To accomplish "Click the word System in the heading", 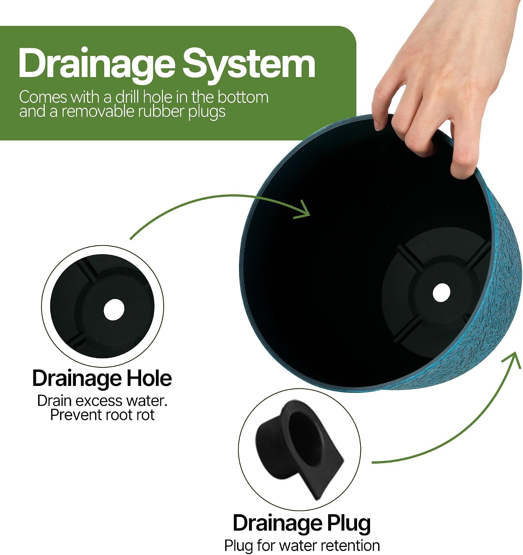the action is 249,63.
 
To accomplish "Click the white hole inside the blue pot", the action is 441,292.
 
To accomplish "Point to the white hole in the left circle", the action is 114,310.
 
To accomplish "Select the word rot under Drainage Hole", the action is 145,415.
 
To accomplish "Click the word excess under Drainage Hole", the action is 100,401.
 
